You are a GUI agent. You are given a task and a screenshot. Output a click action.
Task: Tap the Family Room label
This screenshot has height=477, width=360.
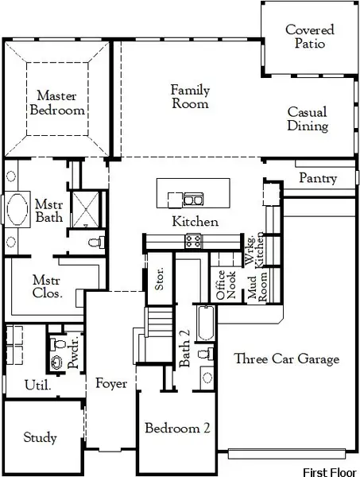click(191, 96)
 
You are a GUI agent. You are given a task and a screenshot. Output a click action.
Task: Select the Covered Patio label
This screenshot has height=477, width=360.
click(309, 37)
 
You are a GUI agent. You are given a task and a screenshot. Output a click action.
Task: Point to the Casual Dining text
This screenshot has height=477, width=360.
click(308, 119)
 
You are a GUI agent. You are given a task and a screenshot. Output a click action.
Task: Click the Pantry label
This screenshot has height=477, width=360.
click(317, 179)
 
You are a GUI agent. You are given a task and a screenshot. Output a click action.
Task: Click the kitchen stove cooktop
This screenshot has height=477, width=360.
click(193, 239)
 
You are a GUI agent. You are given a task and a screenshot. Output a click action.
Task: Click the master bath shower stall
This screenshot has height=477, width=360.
click(83, 208)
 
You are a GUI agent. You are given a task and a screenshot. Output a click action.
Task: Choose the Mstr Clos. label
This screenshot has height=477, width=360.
click(48, 287)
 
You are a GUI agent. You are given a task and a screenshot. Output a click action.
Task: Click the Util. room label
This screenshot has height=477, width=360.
click(37, 386)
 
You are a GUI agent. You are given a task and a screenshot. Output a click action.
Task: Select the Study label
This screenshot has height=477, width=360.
click(40, 437)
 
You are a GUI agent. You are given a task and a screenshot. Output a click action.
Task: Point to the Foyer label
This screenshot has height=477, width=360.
click(111, 384)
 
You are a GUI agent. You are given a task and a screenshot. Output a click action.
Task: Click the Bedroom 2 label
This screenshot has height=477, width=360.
click(177, 428)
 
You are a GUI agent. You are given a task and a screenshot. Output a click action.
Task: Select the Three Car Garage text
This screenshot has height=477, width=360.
click(286, 359)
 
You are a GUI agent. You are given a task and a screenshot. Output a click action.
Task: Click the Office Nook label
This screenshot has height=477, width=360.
click(226, 285)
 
